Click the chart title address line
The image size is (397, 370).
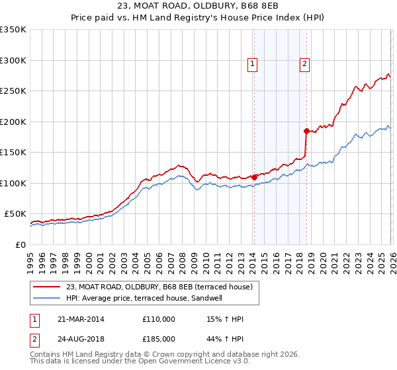click(x=198, y=7)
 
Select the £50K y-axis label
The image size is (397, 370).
click(x=16, y=214)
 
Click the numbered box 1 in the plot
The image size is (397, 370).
click(x=253, y=64)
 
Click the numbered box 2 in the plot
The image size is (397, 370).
click(x=304, y=64)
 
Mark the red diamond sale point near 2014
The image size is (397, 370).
click(x=254, y=177)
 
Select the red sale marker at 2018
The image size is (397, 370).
click(x=306, y=131)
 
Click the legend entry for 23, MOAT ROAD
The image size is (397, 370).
click(x=159, y=287)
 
